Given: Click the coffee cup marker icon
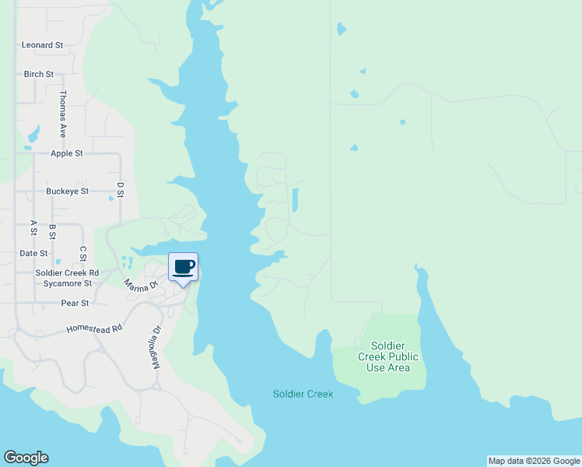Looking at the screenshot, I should click(x=184, y=268).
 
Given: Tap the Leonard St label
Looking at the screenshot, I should click(x=42, y=45).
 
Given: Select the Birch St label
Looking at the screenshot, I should click(x=39, y=75).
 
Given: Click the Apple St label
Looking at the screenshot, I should click(x=67, y=153).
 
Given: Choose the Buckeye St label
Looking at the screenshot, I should click(x=68, y=191).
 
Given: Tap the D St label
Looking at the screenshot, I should click(x=121, y=189).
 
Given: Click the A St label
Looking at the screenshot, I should click(x=33, y=227).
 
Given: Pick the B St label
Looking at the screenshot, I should click(x=52, y=231).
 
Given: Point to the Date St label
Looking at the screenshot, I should click(x=33, y=254).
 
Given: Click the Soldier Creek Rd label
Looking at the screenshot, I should click(x=67, y=273).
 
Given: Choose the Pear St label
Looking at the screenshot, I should click(x=75, y=303).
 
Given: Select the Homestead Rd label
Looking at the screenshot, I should click(x=95, y=329).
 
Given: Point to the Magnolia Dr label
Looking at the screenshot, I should click(x=156, y=346).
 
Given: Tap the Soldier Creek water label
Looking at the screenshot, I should click(x=303, y=395).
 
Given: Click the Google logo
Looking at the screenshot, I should click(x=26, y=458).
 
